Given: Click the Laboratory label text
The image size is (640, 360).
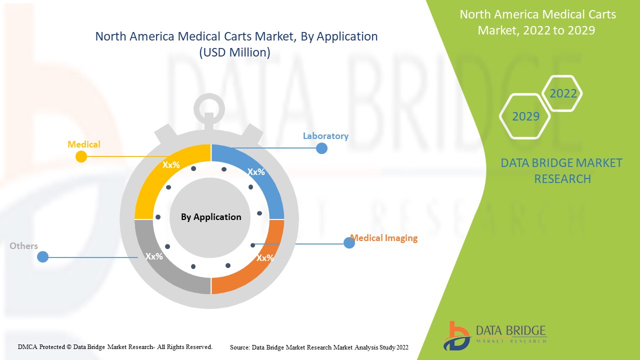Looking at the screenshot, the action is (x=325, y=136).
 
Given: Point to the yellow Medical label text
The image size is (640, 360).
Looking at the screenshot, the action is (x=83, y=144).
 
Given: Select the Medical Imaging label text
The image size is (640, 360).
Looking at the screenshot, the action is (x=383, y=238).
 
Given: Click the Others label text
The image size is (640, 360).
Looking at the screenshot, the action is (x=23, y=246).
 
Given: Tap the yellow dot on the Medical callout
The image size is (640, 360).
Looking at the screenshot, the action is (x=81, y=156).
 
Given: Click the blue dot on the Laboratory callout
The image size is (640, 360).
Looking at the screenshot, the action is (x=321, y=148).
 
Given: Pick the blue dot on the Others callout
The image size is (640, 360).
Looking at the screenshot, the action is (x=43, y=257).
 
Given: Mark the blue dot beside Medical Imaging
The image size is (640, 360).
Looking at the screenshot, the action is (x=349, y=243).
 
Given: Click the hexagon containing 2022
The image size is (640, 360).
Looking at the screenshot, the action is (x=562, y=93).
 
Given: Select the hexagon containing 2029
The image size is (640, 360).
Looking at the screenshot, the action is (x=525, y=116).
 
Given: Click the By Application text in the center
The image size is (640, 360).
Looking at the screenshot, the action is (x=211, y=217).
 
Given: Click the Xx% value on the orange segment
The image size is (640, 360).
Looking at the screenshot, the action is (x=265, y=258).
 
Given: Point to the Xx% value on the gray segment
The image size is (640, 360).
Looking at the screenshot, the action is (x=154, y=256).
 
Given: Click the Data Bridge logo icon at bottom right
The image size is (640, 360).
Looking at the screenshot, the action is (x=456, y=336).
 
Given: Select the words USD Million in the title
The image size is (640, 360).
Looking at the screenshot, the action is (x=235, y=52).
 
